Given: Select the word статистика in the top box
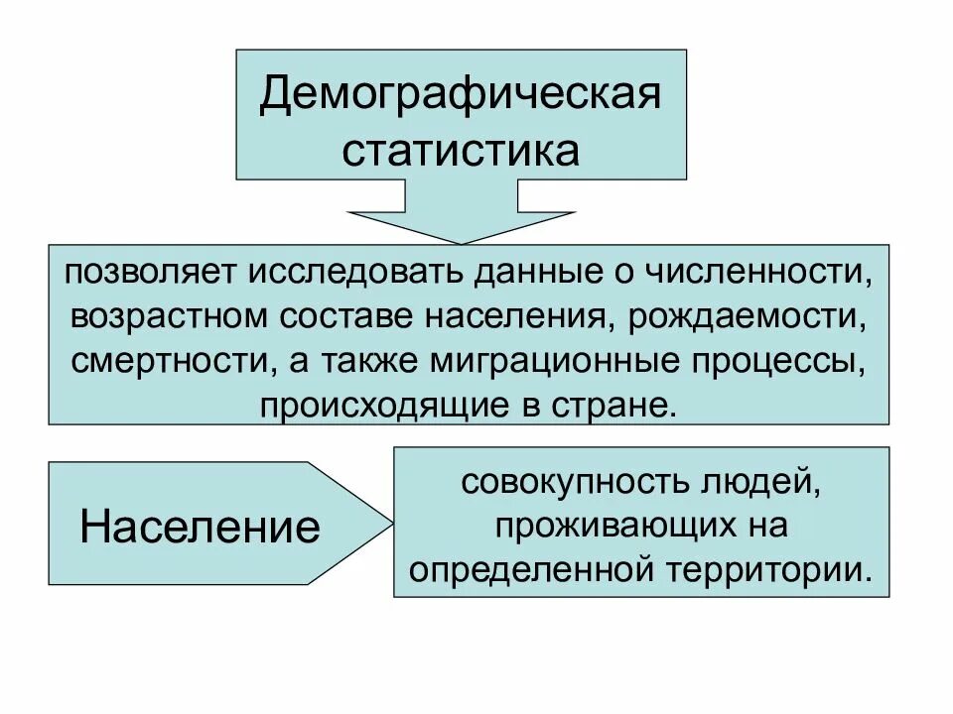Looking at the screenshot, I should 461,151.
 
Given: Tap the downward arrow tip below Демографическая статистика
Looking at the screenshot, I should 461,242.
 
